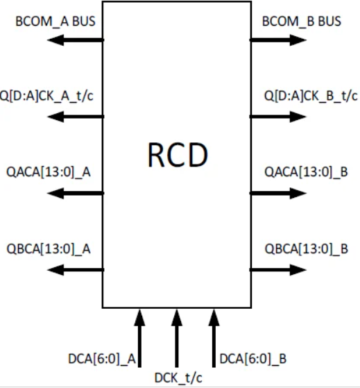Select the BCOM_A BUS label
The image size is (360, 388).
[55, 22]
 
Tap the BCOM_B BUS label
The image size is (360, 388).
[302, 22]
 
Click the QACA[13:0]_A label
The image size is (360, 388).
[48, 172]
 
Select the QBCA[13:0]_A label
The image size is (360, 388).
[48, 248]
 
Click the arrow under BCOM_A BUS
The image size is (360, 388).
[75, 41]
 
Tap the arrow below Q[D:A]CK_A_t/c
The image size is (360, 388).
[75, 117]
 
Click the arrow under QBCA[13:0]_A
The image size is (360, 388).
[75, 269]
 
